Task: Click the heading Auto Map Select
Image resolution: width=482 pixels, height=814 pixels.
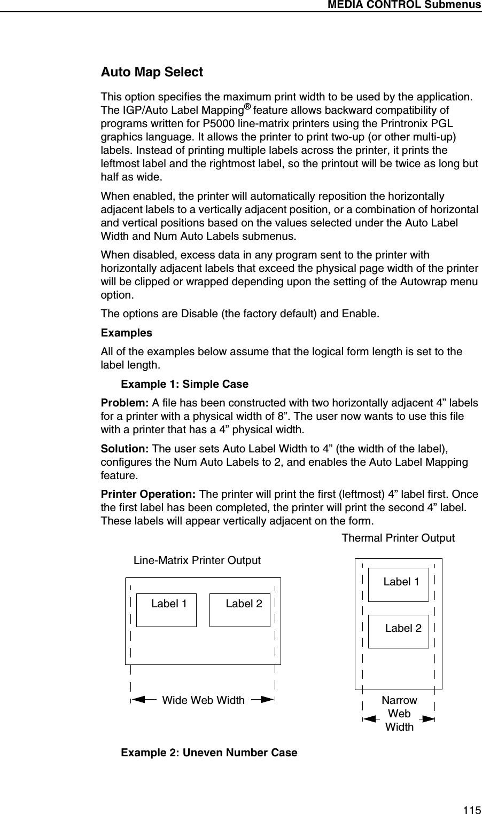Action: pos(152,72)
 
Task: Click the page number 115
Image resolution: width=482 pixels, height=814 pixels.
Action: pos(471,809)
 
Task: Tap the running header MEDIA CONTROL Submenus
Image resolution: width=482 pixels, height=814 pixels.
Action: pos(405,5)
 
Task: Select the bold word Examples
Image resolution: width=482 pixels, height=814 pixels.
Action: pos(127,333)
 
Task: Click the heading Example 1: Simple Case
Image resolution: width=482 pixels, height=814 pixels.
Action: pos(185,385)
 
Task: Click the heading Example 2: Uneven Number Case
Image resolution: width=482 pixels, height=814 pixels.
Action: pos(209,753)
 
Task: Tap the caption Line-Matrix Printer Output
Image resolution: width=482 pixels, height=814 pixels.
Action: pos(197,560)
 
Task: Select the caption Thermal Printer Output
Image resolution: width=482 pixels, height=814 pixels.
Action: pos(398,538)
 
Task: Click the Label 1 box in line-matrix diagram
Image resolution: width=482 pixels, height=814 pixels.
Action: pos(166,609)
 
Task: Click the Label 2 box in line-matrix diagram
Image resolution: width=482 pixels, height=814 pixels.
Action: pos(239,609)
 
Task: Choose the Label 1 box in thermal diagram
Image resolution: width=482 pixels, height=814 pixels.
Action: pos(398,584)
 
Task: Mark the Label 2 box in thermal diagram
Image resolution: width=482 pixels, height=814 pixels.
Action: pos(398,631)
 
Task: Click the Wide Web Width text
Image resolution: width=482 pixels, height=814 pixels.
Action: pos(203,700)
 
